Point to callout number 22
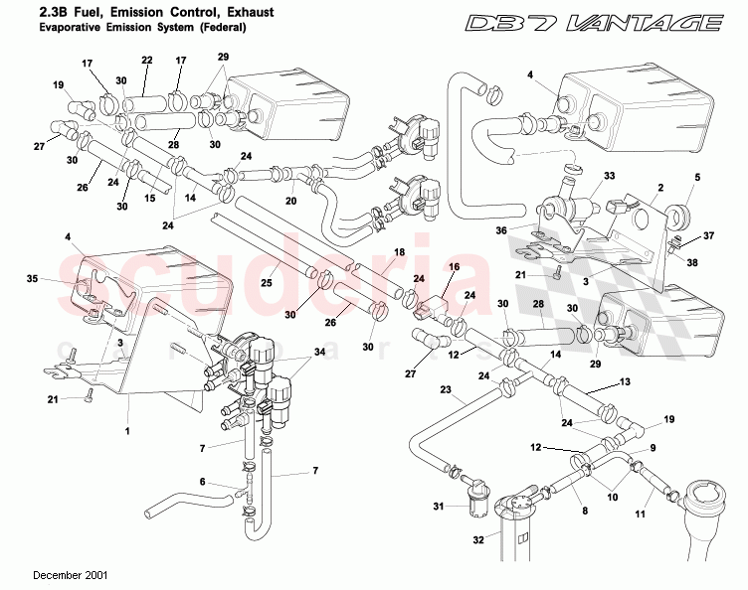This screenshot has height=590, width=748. [146, 61]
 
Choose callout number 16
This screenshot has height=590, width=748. [453, 269]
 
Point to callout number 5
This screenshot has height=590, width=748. [697, 178]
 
